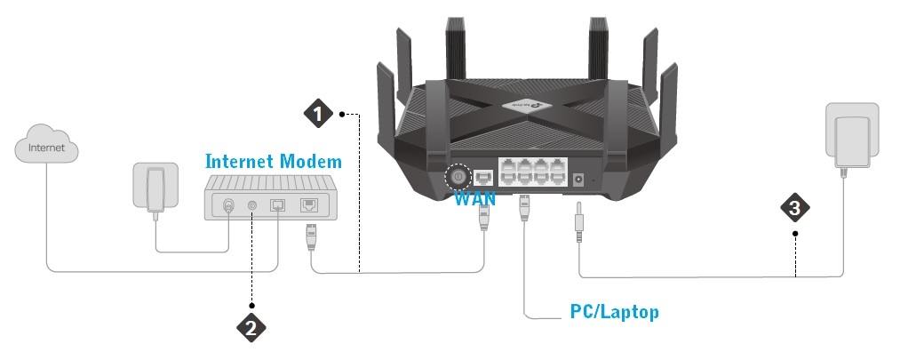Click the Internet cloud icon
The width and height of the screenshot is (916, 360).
pyautogui.click(x=46, y=148)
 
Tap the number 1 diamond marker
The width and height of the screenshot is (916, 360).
pyautogui.click(x=318, y=114)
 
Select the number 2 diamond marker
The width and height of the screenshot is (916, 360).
pyautogui.click(x=251, y=326)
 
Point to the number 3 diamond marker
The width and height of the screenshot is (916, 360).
pyautogui.click(x=795, y=208)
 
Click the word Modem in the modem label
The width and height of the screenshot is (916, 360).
pyautogui.click(x=308, y=162)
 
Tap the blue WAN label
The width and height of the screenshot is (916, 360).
pyautogui.click(x=474, y=198)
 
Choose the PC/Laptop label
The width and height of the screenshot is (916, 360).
pyautogui.click(x=614, y=313)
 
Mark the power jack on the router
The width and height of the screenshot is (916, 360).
pyautogui.click(x=579, y=179)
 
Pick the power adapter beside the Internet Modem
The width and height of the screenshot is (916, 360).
pyautogui.click(x=155, y=188)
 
